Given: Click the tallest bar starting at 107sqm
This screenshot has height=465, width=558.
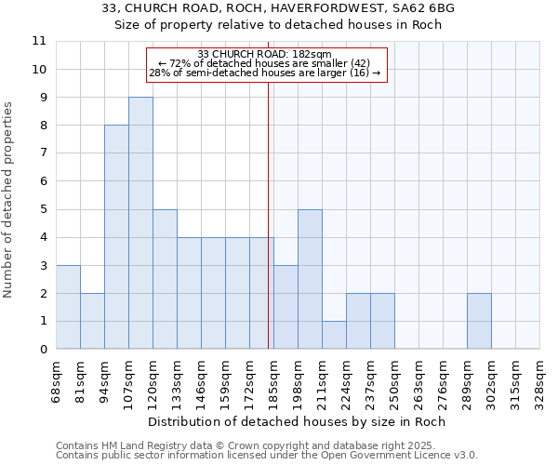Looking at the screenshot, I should coord(140,223).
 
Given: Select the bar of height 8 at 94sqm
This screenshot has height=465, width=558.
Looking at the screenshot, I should coord(116,237).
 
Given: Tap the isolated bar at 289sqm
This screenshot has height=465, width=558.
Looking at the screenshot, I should coord(479,321).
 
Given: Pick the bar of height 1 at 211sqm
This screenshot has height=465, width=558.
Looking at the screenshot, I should coord(334,335).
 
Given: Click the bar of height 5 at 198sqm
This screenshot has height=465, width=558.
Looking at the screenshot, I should coord(310,279).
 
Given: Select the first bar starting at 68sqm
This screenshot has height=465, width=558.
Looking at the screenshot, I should coord(68,307).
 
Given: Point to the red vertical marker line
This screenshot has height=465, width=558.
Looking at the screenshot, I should coord(268,232).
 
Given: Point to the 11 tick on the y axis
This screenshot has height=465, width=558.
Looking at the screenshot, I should coord(39,41).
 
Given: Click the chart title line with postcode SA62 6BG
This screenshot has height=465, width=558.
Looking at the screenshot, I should coord(278,8).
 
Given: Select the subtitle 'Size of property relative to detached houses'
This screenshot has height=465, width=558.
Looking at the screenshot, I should coord(278,25).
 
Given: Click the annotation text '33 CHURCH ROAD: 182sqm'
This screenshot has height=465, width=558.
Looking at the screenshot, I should coord(265,54).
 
